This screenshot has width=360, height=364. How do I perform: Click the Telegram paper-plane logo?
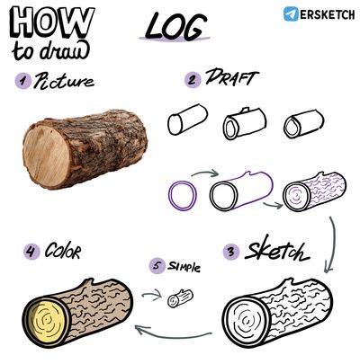(291, 13)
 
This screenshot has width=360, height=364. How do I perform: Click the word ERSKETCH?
(327, 14)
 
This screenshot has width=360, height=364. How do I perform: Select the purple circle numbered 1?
(23, 81)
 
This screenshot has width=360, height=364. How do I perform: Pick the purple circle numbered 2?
(193, 80)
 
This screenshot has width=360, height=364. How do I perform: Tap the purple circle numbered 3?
(231, 252)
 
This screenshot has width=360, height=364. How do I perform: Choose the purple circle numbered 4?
(31, 251)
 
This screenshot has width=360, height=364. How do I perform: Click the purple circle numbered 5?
(157, 266)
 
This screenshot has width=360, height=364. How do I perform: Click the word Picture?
(64, 81)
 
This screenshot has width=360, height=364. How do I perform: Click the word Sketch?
(276, 253)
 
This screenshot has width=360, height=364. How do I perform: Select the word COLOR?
(63, 251)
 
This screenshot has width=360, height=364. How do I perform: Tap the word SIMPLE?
(184, 266)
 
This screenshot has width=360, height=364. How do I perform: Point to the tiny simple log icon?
(180, 298)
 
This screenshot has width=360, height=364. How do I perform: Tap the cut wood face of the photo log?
(47, 155)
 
